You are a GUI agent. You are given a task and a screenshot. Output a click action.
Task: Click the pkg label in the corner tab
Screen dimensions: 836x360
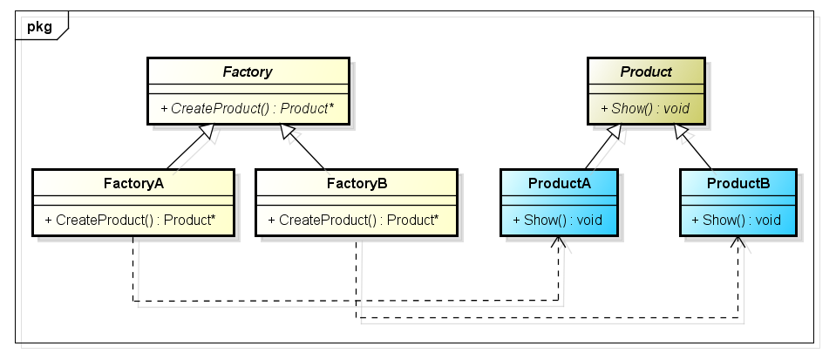(x=39, y=26)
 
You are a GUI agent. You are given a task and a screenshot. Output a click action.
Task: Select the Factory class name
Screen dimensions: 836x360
(x=248, y=72)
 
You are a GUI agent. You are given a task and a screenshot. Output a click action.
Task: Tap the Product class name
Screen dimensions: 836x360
(x=646, y=72)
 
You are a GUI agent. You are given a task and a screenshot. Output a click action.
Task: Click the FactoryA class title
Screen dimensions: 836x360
(x=133, y=183)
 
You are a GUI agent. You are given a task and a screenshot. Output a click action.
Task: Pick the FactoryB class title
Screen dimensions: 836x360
(x=357, y=183)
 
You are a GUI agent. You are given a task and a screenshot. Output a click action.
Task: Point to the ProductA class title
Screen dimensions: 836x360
(x=560, y=183)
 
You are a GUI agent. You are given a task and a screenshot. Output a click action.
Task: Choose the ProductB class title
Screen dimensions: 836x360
(x=738, y=183)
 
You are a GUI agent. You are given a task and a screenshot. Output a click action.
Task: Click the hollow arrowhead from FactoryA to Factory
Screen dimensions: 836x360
(x=206, y=132)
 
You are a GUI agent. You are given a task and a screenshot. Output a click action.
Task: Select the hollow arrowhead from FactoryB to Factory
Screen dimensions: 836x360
(x=288, y=132)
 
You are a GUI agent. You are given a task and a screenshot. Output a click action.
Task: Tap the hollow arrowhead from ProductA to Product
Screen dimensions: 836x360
(x=614, y=132)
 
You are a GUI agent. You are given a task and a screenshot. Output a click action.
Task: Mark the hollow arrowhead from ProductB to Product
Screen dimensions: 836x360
(x=683, y=132)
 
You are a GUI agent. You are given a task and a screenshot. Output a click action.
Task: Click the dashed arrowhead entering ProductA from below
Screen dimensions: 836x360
(x=559, y=241)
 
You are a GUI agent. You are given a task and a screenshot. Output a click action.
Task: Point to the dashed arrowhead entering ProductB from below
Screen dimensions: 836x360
(x=738, y=241)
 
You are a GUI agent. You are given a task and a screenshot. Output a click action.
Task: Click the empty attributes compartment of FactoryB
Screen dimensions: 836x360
(x=357, y=200)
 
